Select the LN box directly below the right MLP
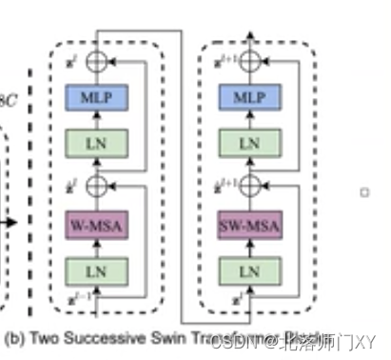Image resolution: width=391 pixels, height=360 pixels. (x=249, y=143)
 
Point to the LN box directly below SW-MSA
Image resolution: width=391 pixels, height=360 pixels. (x=249, y=271)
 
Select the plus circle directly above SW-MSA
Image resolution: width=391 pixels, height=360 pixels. (x=249, y=185)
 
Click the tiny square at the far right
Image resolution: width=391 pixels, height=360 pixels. (x=363, y=191)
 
